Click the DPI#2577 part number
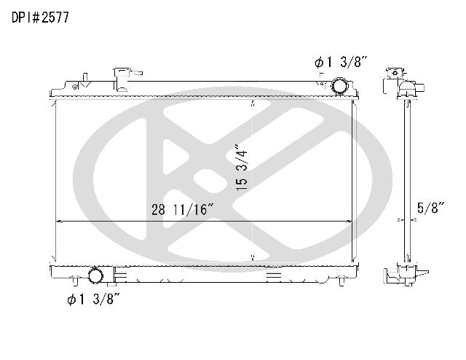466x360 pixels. [40, 17]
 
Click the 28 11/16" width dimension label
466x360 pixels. [183, 209]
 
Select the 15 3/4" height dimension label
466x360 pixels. [242, 168]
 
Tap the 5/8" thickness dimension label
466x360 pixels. [430, 208]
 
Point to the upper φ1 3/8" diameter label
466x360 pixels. [341, 62]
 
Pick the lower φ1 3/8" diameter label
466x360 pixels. [93, 299]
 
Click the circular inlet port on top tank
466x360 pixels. [339, 86]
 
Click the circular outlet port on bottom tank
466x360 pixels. [95, 275]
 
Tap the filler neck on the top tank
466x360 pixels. [122, 79]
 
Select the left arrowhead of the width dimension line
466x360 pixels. [58, 222]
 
